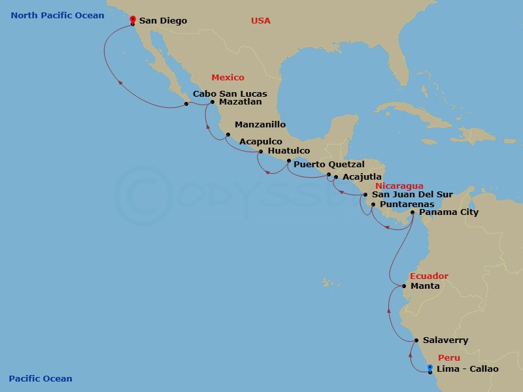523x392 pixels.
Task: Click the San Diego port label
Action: (163, 21)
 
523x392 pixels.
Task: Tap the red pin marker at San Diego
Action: (133, 20)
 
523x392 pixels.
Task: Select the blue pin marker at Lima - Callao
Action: (430, 368)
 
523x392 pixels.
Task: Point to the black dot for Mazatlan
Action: (212, 102)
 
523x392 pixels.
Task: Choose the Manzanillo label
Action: (260, 124)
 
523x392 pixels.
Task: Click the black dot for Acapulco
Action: (228, 135)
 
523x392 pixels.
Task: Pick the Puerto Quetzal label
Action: (329, 165)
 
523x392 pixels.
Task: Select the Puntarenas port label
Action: (407, 204)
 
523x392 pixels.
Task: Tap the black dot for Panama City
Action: (413, 212)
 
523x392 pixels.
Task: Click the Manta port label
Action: (425, 286)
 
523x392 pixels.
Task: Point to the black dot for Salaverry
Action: (416, 340)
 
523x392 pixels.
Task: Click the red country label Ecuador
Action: (429, 276)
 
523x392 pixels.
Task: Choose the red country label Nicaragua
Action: (399, 186)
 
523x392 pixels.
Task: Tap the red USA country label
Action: (260, 21)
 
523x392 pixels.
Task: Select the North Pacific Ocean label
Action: (58, 16)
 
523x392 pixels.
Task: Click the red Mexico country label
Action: (228, 78)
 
